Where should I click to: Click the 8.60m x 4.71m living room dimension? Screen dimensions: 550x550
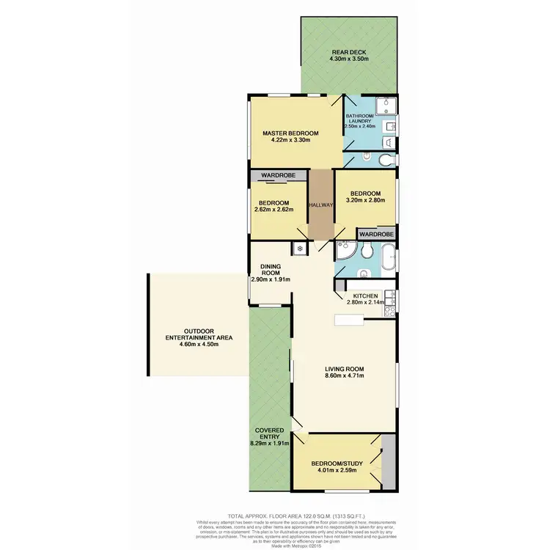click(344, 377)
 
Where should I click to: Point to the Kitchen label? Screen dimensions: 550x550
click(364, 296)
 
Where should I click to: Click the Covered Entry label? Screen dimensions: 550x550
click(270, 435)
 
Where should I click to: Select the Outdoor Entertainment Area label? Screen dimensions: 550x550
click(197, 334)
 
